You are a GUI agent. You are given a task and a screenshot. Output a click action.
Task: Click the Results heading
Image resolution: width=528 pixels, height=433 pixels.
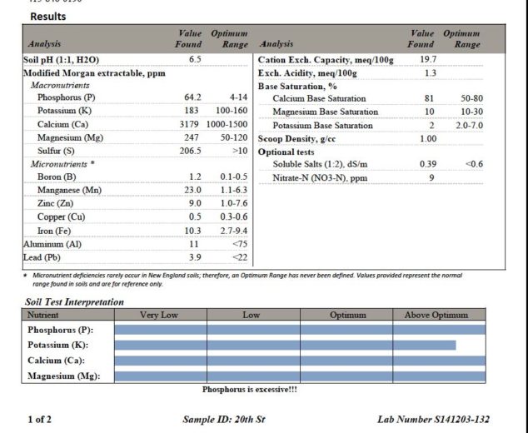(x=48, y=17)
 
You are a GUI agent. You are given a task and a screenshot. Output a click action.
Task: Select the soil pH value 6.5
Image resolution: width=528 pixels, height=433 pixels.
(x=195, y=60)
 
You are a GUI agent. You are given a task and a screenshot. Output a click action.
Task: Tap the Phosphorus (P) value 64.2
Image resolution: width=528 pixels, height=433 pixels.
(x=192, y=98)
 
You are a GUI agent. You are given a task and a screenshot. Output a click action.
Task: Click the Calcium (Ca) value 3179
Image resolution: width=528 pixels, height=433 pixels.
(x=192, y=124)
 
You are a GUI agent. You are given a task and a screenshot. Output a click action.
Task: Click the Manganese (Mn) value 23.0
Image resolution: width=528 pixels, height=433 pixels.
(x=194, y=190)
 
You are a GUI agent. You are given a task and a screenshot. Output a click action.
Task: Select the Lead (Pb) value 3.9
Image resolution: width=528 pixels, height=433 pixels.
(x=195, y=257)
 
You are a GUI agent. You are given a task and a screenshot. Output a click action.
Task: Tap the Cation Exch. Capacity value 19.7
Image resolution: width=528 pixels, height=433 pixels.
(x=428, y=60)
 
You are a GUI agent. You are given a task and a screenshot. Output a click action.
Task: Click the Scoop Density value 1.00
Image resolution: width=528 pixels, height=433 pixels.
(x=427, y=138)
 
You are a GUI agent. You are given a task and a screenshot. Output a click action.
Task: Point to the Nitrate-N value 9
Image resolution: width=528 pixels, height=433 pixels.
(x=431, y=177)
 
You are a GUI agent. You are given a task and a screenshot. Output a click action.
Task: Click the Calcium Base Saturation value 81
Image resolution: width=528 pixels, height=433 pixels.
(x=430, y=99)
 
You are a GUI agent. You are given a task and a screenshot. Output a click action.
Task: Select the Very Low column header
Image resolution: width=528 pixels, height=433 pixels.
(x=160, y=316)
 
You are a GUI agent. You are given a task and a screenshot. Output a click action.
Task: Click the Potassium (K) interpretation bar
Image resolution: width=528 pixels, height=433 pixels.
(x=285, y=345)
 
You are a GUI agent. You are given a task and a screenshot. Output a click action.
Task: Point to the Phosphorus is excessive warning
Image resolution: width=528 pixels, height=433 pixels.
(x=250, y=389)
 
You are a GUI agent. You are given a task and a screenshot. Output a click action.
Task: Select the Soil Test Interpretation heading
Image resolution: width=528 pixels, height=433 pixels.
(x=75, y=302)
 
